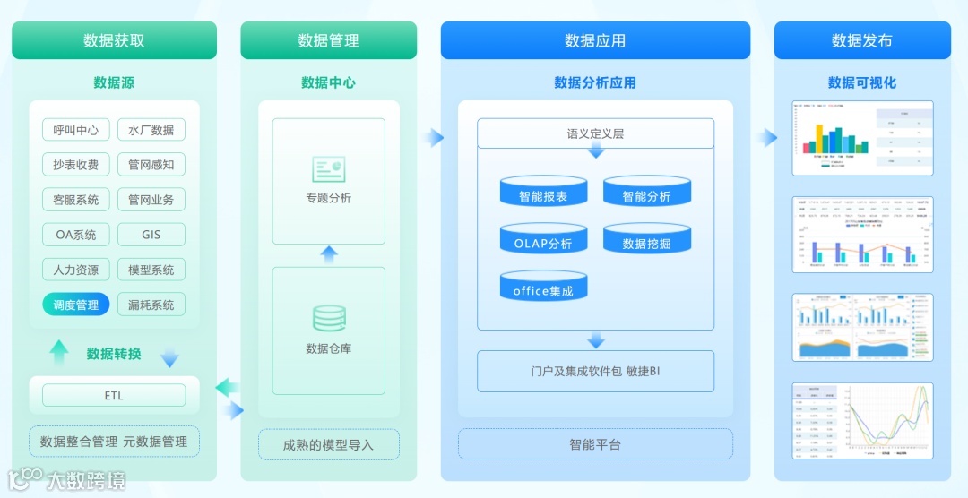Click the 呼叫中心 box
[x=76, y=130]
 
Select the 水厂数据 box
[x=151, y=130]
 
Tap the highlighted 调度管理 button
[x=76, y=305]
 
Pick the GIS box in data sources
[x=151, y=235]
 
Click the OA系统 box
[x=76, y=235]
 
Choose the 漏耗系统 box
[x=151, y=305]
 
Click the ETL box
[x=114, y=395]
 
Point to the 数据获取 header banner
[x=114, y=40]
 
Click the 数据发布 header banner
[x=861, y=40]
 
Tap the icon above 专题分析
[x=328, y=168]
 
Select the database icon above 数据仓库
[x=328, y=319]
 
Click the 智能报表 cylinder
[x=543, y=192]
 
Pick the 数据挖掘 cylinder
[x=646, y=239]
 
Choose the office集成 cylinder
[x=543, y=287]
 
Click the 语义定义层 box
[x=595, y=133]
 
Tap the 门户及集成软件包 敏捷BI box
[x=595, y=371]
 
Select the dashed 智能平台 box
[x=595, y=444]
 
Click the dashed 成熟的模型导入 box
[x=328, y=444]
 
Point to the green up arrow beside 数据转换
[x=59, y=353]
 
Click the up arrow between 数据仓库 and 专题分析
[x=329, y=254]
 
